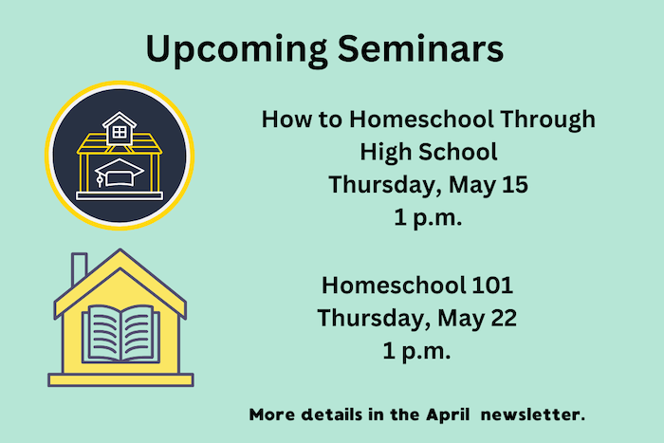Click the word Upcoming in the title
pos(236,50)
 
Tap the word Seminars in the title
pos(420,47)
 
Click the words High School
pos(429,153)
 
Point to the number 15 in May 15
pos(515,185)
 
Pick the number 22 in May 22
pos(504,318)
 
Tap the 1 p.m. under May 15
pos(428,218)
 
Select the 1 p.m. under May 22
pos(416,352)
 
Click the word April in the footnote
pos(448,415)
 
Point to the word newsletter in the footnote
pos(533,415)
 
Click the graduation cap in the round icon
pos(119,173)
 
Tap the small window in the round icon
pos(120,132)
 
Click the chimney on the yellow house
pos(79,268)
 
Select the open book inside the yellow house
pos(121,334)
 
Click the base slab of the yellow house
pos(120,379)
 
